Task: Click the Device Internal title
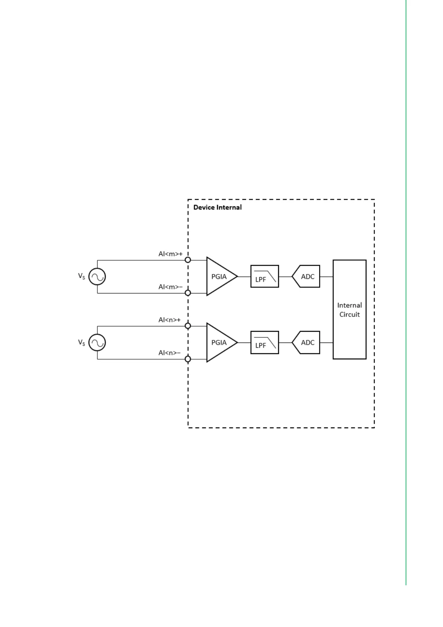click(x=217, y=207)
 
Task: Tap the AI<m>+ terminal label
click(x=170, y=254)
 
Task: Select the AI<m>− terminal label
click(x=170, y=287)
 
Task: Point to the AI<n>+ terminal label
click(x=170, y=320)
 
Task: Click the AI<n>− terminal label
click(x=170, y=353)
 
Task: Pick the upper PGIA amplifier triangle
click(x=219, y=277)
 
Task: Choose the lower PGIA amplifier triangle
click(x=219, y=343)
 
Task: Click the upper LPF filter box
click(x=264, y=277)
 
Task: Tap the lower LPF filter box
click(x=264, y=343)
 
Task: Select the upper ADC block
click(x=306, y=277)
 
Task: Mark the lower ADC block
click(x=306, y=343)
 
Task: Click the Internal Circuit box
click(x=349, y=309)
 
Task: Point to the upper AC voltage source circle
click(x=97, y=277)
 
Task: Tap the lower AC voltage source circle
click(x=97, y=343)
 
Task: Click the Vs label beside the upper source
click(x=81, y=276)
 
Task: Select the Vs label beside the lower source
click(x=81, y=342)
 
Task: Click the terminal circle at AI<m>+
click(x=188, y=260)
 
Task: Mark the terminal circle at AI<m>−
click(x=188, y=293)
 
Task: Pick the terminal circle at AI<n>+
click(x=188, y=326)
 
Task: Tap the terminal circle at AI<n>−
click(x=188, y=359)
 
